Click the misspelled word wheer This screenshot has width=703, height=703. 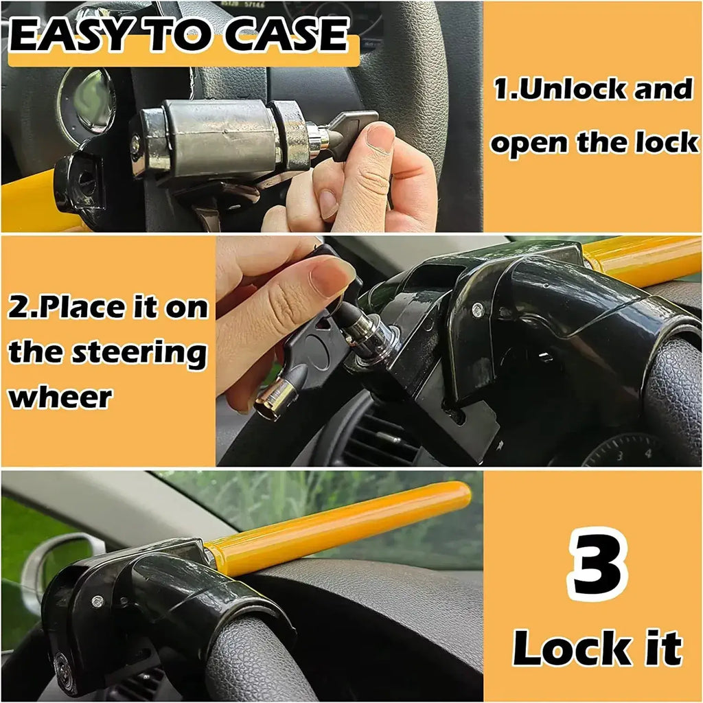[60, 396]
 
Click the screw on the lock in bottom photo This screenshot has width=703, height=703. [97, 601]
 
